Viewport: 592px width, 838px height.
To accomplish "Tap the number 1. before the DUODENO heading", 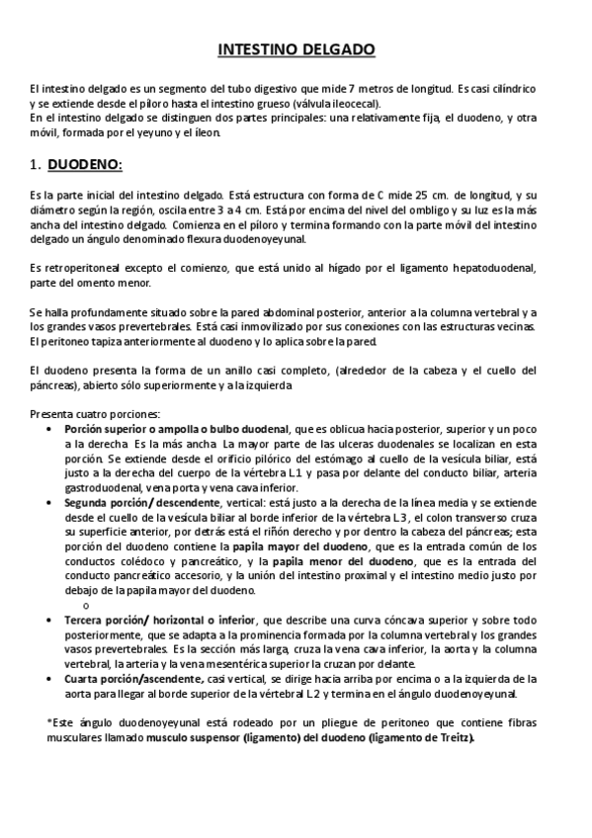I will click(x=36, y=164).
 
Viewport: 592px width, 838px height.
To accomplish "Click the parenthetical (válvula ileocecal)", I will click(x=336, y=103).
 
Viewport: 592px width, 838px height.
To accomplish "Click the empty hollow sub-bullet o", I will click(x=87, y=604).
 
